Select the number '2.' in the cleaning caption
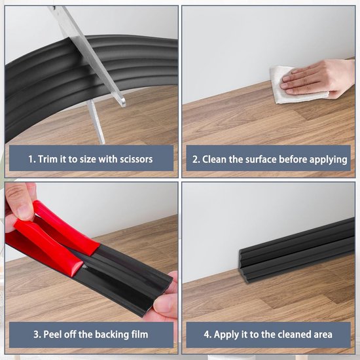(196, 159)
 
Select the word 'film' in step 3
(139, 334)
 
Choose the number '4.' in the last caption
(207, 334)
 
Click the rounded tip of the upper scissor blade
(123, 102)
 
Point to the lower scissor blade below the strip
(96, 122)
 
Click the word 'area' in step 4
(323, 335)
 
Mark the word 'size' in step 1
(88, 159)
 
